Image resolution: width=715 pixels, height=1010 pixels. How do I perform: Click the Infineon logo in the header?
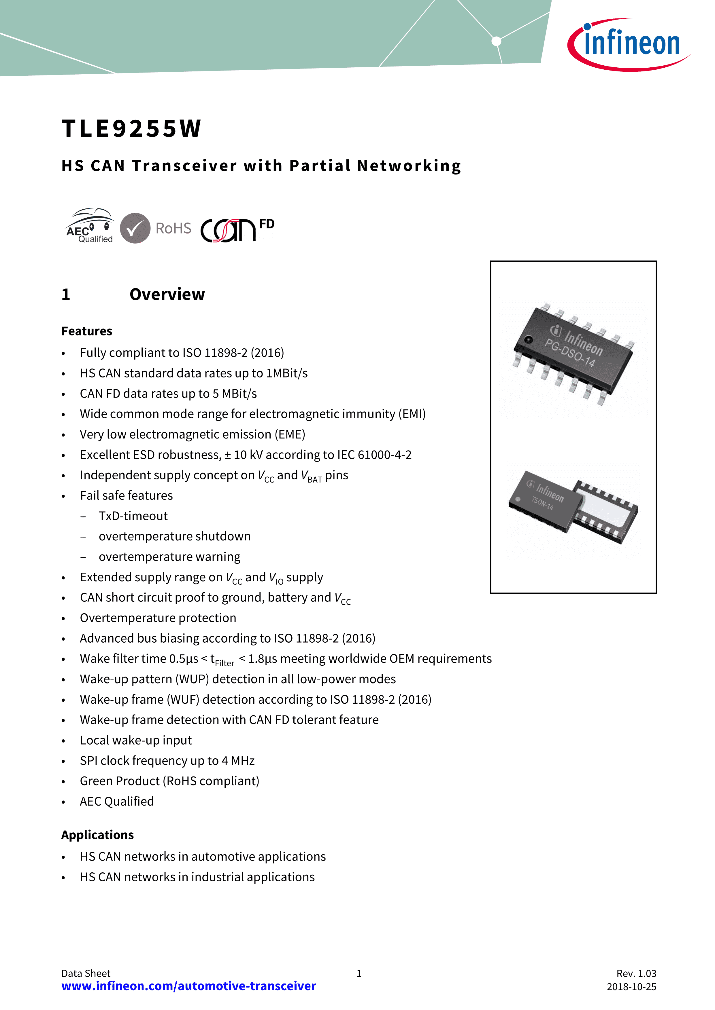628,44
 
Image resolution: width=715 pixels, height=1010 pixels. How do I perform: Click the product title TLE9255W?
131,128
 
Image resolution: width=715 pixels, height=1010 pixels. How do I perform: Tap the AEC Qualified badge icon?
89,226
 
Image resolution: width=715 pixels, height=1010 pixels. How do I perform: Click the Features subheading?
87,331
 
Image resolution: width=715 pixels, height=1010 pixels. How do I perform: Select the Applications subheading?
97,835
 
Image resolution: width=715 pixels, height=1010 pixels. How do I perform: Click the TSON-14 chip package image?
573,507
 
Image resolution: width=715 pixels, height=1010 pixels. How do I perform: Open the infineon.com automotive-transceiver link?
188,986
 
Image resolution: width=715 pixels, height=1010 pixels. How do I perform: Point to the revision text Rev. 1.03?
636,973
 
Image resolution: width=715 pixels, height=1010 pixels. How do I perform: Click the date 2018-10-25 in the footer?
631,987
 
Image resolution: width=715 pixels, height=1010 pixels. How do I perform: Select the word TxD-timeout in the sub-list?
133,516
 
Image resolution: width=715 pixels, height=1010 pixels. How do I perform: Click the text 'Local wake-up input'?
136,740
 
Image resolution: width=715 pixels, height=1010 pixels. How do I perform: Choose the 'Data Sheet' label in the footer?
86,973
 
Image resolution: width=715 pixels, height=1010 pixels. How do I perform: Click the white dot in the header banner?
496,41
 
